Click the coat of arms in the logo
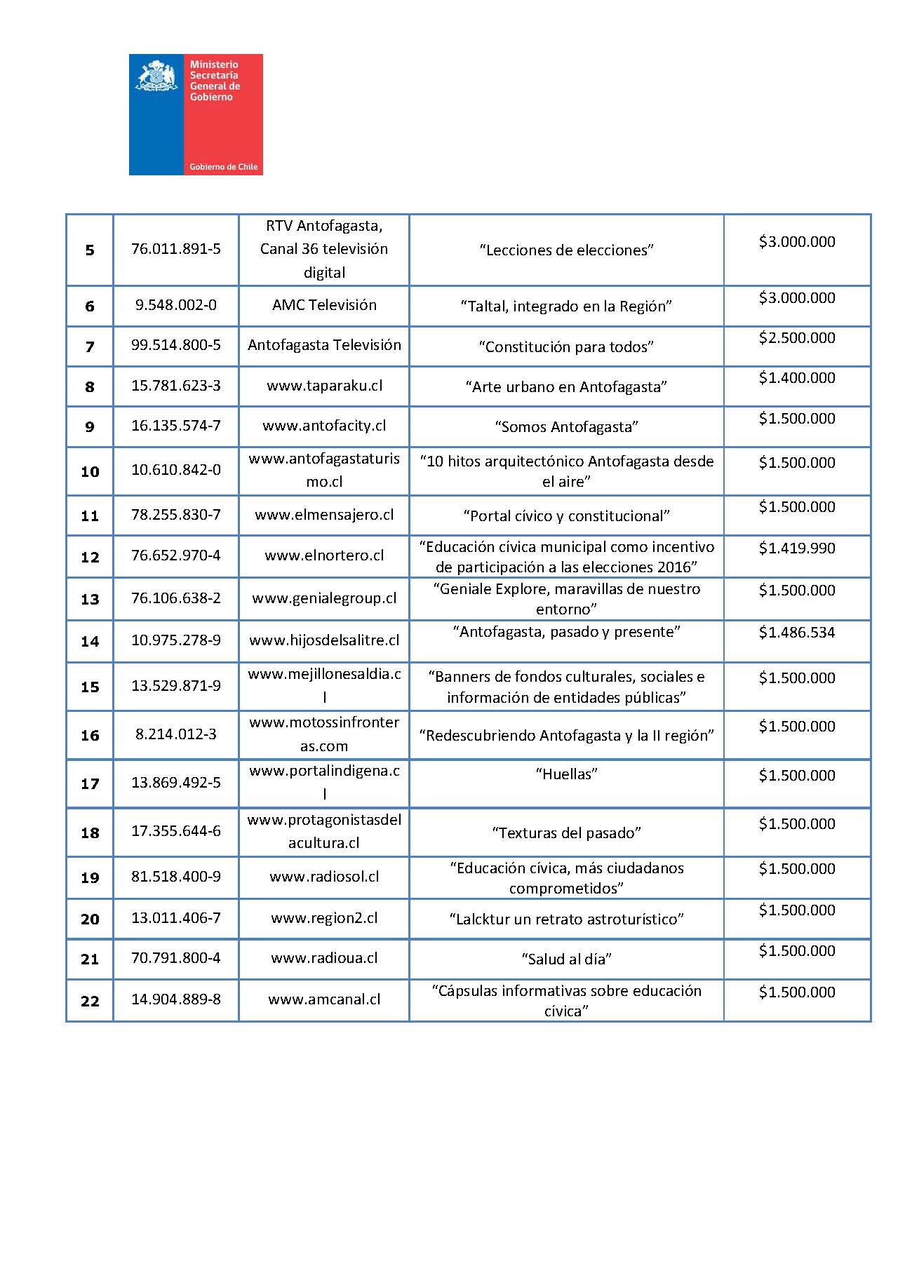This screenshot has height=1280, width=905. (156, 76)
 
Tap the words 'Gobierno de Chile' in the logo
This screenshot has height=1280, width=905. (223, 167)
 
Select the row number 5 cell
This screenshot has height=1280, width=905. (90, 250)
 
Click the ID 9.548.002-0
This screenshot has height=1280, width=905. (176, 305)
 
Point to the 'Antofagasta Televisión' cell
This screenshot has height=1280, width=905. (324, 345)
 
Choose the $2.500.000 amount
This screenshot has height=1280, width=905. (797, 338)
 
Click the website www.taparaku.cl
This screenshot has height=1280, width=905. (324, 386)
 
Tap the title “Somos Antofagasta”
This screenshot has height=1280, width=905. (566, 426)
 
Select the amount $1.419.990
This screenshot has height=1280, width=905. (797, 548)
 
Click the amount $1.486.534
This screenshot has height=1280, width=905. (797, 633)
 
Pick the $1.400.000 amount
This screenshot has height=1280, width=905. (797, 378)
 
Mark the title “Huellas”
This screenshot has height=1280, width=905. (566, 774)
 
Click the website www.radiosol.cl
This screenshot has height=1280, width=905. (324, 877)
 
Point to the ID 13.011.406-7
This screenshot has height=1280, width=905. (176, 918)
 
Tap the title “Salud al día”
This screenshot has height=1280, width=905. (566, 959)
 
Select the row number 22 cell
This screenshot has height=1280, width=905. (90, 1001)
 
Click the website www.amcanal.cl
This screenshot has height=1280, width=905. (324, 999)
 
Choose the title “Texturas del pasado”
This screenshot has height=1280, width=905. (566, 833)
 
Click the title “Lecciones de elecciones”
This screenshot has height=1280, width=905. (566, 250)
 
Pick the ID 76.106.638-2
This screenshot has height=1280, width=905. (176, 598)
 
